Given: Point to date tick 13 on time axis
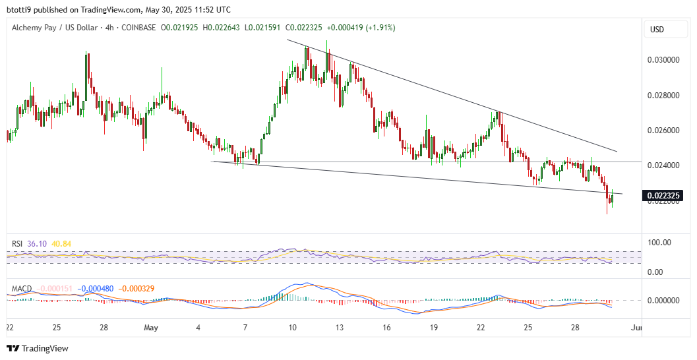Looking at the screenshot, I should coord(339,328).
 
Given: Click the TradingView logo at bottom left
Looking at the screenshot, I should coord(38,348).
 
